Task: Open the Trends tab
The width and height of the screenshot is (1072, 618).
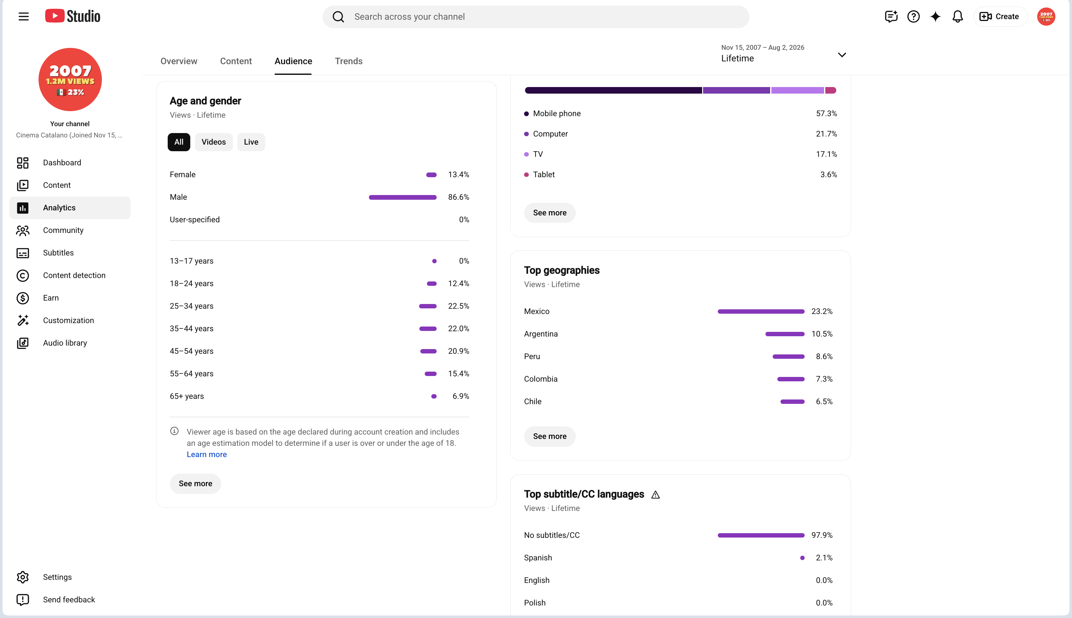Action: tap(349, 61)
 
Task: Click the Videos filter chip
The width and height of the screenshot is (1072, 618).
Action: tap(213, 142)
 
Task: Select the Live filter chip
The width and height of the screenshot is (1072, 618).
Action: tap(251, 142)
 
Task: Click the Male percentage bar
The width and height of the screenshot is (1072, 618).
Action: tap(402, 197)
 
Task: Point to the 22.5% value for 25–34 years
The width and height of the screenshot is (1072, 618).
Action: tap(459, 306)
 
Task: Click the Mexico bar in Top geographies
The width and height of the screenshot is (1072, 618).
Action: tap(760, 312)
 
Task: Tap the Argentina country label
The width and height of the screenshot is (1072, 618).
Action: tap(540, 334)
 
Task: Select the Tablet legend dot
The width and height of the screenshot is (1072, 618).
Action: tap(526, 174)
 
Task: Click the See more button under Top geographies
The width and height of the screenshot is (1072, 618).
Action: tap(549, 436)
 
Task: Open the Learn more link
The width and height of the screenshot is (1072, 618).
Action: tap(207, 455)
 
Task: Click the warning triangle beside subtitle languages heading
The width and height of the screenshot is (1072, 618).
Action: tap(655, 495)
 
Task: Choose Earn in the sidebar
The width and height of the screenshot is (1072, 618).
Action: tap(50, 298)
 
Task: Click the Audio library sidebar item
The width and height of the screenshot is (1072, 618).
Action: tap(65, 343)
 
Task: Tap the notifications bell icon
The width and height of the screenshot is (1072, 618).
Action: tap(957, 17)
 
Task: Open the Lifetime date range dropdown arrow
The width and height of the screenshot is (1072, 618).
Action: tap(842, 55)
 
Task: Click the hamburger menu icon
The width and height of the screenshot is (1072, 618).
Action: tap(24, 17)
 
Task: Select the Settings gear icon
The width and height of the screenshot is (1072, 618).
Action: tap(23, 577)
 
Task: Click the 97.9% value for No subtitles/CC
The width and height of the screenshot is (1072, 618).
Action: tap(822, 535)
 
